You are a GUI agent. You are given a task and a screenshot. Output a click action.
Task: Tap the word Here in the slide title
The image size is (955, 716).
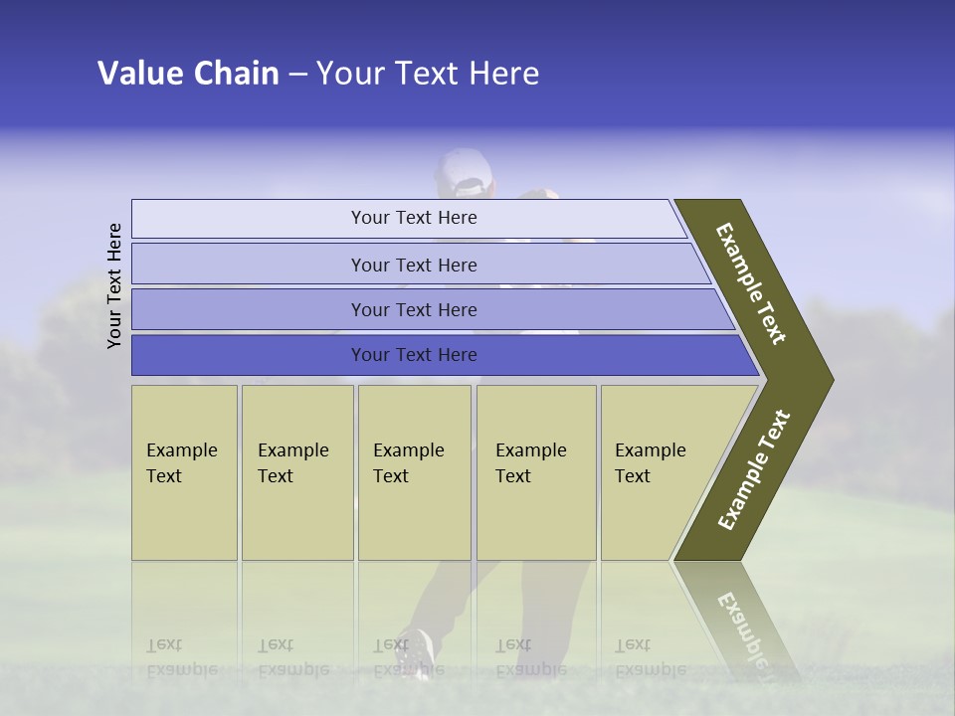(x=503, y=74)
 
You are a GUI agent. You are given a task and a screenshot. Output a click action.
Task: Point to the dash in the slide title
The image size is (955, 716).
(x=297, y=75)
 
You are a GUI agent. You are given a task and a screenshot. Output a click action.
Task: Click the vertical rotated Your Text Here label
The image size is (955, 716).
(x=114, y=285)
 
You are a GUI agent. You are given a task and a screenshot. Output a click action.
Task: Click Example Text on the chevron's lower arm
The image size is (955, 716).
(x=754, y=470)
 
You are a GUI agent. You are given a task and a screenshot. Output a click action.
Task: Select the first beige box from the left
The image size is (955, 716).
(x=184, y=472)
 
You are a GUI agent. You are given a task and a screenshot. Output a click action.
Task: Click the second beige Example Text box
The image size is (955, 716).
(x=297, y=472)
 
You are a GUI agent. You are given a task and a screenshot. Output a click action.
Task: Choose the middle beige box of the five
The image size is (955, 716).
(x=414, y=472)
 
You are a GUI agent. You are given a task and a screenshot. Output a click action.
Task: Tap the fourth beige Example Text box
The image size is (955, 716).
(x=536, y=472)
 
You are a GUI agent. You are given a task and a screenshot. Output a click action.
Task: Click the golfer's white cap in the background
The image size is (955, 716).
(x=464, y=171)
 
